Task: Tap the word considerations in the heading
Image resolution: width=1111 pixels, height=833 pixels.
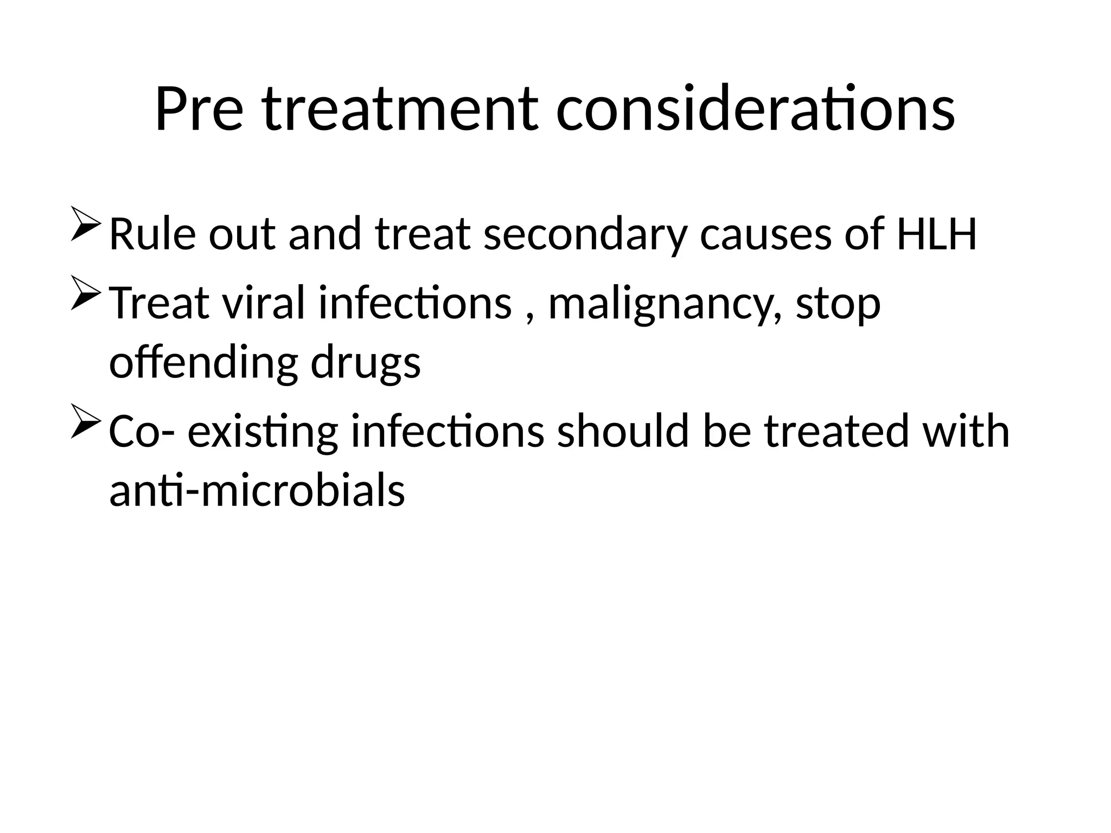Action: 755,110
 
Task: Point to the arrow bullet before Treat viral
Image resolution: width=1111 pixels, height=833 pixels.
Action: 85,293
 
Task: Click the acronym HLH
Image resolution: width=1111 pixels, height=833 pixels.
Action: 936,234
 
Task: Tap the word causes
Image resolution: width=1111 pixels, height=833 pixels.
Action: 765,234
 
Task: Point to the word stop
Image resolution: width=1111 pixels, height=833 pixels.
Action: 838,304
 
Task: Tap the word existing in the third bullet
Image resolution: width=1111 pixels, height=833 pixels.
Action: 263,432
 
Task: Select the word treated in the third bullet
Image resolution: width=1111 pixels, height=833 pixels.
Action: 836,432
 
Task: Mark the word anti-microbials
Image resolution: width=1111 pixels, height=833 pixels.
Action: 257,490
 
